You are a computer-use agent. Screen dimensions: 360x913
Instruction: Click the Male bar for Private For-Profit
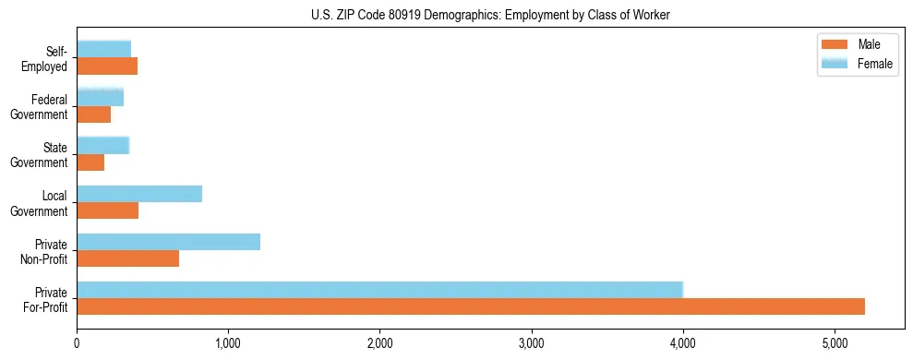[471, 306]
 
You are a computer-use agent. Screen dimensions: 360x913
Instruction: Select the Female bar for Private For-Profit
[379, 290]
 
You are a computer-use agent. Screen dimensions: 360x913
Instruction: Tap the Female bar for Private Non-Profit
[168, 242]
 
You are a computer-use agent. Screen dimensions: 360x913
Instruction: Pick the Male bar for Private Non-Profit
[127, 258]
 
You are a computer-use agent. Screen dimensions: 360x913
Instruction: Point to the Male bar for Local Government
[107, 210]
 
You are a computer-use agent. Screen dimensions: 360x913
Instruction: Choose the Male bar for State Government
[90, 162]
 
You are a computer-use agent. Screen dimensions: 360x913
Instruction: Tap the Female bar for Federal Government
[100, 97]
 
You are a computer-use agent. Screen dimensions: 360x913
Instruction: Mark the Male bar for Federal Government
[93, 114]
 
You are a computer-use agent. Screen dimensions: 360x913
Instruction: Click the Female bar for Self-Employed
[103, 49]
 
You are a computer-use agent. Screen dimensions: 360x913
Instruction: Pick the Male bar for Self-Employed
[107, 66]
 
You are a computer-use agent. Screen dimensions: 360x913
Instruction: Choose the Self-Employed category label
[50, 58]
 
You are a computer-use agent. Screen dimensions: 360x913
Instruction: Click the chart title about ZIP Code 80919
[490, 14]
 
